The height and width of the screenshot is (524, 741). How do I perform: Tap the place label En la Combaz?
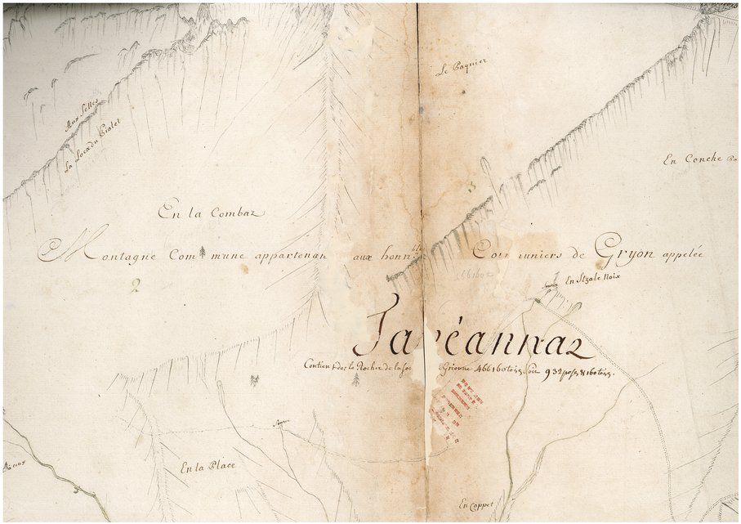tap(212, 213)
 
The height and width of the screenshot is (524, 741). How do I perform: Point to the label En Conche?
tap(692, 159)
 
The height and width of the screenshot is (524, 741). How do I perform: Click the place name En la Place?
tap(208, 467)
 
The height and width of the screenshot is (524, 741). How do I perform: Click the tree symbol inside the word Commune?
tap(201, 250)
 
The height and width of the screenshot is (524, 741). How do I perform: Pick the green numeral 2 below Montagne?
tap(136, 285)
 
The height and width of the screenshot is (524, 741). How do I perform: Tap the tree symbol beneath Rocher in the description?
tap(355, 380)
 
